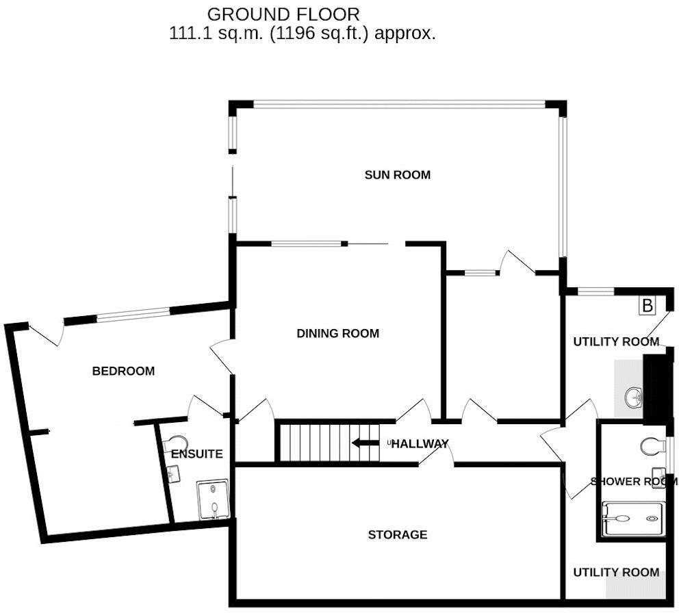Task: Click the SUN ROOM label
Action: point(397,175)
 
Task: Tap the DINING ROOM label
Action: point(337,334)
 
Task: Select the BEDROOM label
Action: point(123,371)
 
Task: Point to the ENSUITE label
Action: point(196,454)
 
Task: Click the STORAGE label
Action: point(397,534)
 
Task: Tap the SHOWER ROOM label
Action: point(634,482)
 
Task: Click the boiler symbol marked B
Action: point(646,306)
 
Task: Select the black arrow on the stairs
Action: point(365,443)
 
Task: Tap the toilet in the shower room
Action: point(652,446)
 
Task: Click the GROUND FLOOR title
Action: point(283,14)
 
